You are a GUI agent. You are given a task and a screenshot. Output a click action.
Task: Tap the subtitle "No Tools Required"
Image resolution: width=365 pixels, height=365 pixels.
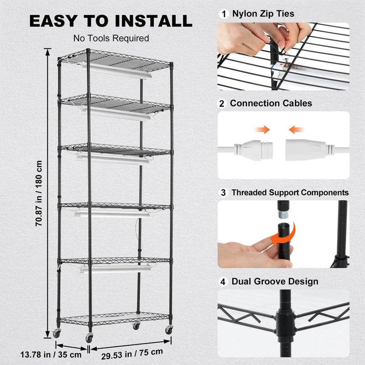(x=111, y=38)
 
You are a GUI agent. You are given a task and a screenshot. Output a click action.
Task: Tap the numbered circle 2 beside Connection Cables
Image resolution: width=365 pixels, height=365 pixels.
(x=223, y=104)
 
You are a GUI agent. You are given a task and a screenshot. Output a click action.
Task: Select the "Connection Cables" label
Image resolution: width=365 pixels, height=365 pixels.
(x=271, y=104)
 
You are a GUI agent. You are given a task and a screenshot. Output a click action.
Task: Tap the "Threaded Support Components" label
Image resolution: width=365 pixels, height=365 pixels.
(x=290, y=193)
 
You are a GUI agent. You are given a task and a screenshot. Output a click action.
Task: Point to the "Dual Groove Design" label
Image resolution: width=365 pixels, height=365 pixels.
(x=274, y=282)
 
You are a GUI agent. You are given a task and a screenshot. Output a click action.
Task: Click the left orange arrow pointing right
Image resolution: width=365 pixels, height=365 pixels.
(x=262, y=130)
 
